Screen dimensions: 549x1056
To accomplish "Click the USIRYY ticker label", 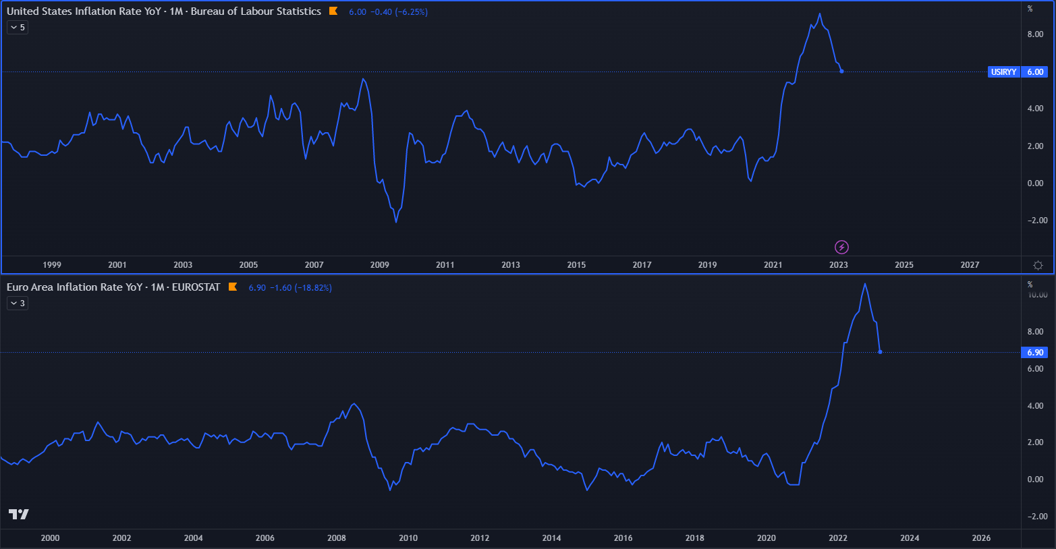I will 1003,71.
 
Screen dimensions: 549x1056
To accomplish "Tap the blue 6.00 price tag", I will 1035,71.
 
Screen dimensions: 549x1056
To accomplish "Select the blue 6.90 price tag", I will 1035,352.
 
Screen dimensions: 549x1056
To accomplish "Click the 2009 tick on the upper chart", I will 379,265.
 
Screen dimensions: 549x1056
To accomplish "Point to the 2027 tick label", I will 970,265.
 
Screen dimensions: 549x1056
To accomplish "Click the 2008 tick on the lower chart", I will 336,538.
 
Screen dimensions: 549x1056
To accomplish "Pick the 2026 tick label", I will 981,538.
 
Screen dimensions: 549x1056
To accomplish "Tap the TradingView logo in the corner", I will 19,514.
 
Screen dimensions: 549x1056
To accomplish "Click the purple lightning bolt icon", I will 841,247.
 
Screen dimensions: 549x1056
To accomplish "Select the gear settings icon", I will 1038,265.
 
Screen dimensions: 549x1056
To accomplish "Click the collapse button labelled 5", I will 18,28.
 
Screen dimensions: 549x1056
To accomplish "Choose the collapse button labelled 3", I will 18,304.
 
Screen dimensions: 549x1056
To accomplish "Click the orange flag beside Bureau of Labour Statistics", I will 333,11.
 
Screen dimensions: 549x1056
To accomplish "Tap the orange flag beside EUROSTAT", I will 233,287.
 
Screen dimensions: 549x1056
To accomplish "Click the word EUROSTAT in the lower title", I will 196,287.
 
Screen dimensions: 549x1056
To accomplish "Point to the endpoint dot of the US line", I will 841,71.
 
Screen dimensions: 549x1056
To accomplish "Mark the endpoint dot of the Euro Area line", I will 880,352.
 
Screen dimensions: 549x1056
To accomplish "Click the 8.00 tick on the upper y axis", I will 1035,34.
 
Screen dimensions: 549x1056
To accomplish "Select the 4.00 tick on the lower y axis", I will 1035,406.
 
